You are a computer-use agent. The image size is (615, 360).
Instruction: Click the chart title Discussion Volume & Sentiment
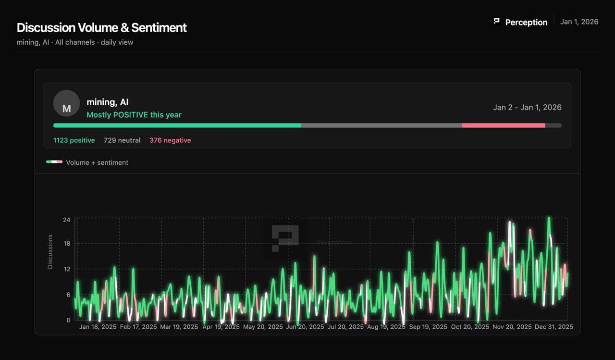point(101,28)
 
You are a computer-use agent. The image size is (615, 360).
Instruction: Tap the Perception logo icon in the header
point(497,21)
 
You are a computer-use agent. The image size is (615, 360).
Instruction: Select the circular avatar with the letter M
point(66,103)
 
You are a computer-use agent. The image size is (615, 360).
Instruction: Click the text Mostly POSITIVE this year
point(134,115)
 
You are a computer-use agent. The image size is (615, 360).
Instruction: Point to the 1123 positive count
point(74,140)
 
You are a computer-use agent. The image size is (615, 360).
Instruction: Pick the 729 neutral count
point(122,140)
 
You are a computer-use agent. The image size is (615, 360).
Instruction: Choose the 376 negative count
point(170,140)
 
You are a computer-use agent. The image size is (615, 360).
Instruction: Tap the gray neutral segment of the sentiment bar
point(381,125)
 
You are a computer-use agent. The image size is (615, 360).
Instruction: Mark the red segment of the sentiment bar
point(504,125)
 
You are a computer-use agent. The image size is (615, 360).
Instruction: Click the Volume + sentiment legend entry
point(97,162)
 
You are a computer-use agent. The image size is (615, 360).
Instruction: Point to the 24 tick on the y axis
point(66,220)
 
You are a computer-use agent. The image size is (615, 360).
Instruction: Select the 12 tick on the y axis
point(66,269)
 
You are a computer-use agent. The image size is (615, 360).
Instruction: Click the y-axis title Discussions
point(50,251)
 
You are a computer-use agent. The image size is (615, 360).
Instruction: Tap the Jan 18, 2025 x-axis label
point(98,327)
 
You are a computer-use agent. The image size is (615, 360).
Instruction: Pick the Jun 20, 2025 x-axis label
point(305,327)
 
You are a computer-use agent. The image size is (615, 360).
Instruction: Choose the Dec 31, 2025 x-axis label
point(554,327)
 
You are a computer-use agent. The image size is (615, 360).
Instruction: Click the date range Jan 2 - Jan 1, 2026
point(527,107)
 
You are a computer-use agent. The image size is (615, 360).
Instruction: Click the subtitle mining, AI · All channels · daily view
point(75,42)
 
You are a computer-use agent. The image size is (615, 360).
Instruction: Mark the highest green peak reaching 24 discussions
point(549,219)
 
